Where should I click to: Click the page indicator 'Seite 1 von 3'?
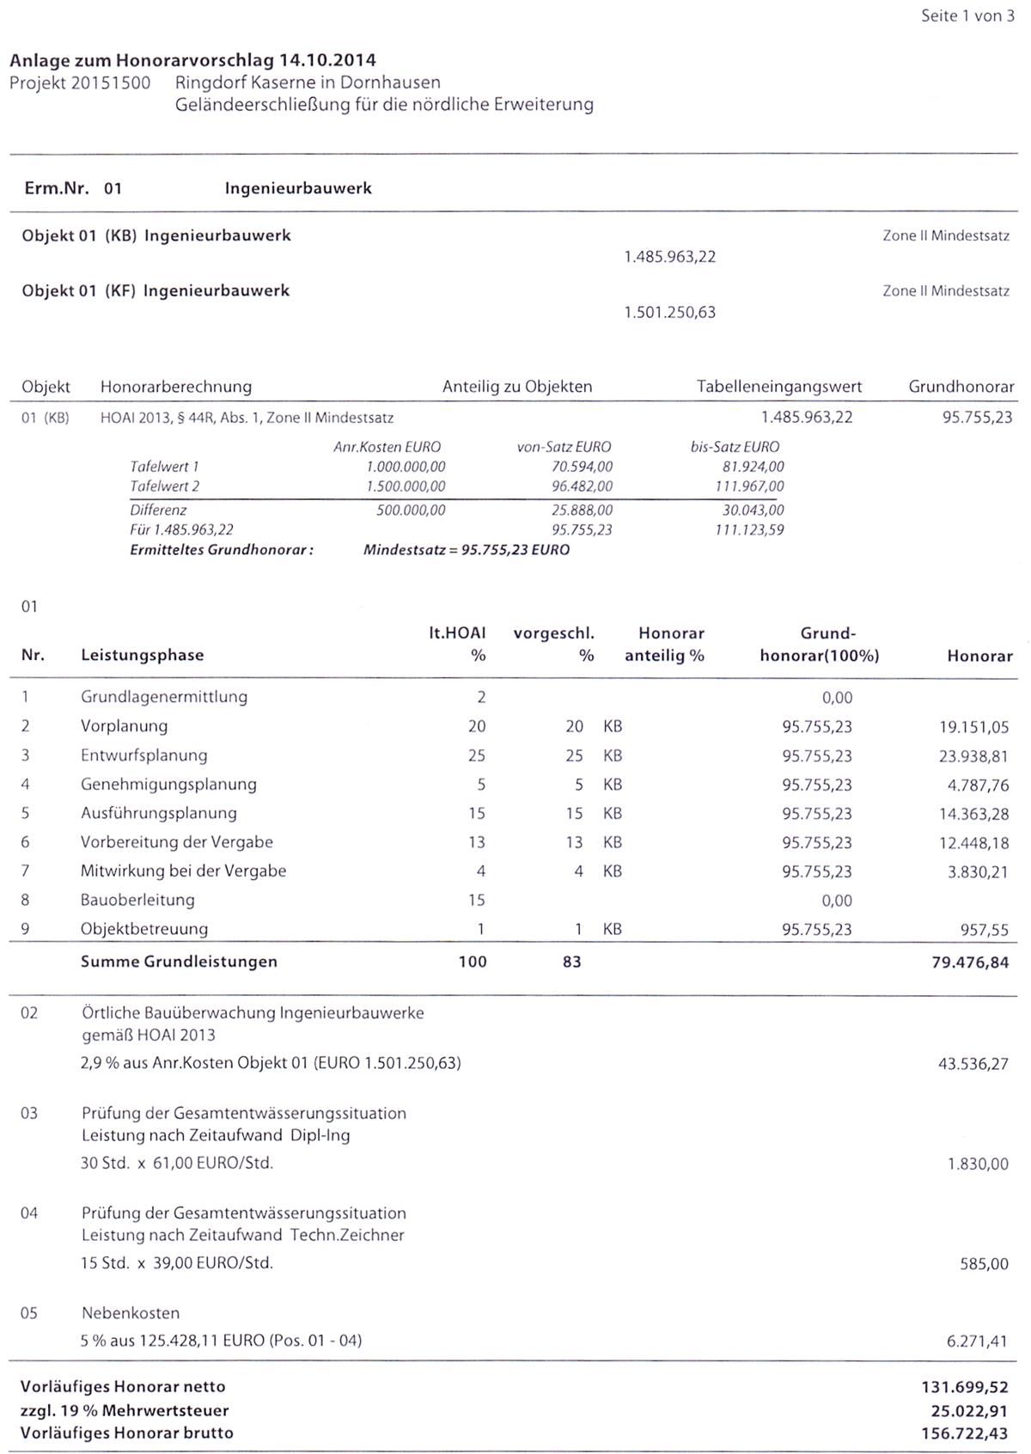click(967, 16)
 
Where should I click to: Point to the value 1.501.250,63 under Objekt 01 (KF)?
click(669, 312)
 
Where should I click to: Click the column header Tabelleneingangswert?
click(778, 387)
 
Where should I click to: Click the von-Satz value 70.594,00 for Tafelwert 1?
click(582, 467)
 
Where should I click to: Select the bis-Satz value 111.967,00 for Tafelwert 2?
click(748, 486)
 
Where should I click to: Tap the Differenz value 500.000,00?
click(411, 510)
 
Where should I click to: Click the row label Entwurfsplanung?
click(144, 755)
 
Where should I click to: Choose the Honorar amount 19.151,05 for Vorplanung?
click(973, 727)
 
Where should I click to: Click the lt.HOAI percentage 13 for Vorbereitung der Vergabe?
click(476, 842)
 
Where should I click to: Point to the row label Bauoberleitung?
click(137, 900)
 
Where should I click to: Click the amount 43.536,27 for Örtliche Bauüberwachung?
click(973, 1064)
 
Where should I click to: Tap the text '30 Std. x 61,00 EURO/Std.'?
click(177, 1164)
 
